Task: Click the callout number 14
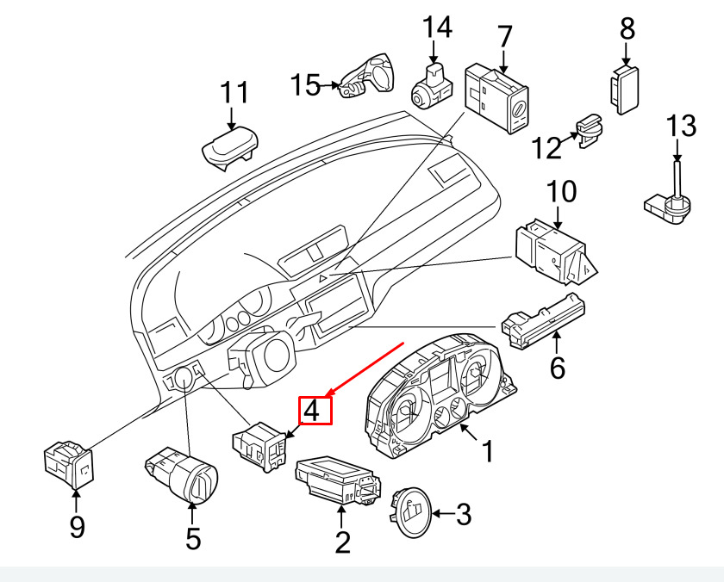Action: click(x=437, y=27)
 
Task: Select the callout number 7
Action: click(x=505, y=36)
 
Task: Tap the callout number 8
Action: click(x=627, y=28)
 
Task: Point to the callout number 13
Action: click(x=681, y=126)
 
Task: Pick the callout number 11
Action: click(x=234, y=93)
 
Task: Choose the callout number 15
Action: click(x=305, y=85)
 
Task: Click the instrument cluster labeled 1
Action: click(x=439, y=397)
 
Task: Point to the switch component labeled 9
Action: click(x=68, y=465)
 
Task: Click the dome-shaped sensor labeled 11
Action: click(x=229, y=147)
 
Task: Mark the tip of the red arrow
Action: click(x=326, y=396)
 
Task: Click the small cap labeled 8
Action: click(x=625, y=90)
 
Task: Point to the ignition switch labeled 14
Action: click(x=431, y=87)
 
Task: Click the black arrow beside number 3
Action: click(x=443, y=513)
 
